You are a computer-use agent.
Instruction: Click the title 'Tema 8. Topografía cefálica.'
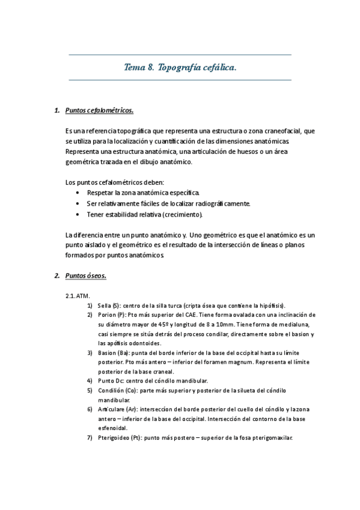coord(180,68)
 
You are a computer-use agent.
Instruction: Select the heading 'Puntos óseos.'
coord(85,275)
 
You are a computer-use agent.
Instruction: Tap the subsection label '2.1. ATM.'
coord(77,296)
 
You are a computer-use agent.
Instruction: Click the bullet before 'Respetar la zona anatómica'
coord(79,192)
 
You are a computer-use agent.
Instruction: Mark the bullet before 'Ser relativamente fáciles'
coord(79,203)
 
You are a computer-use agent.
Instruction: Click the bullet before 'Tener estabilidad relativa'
coord(79,215)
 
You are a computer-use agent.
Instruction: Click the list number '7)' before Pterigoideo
coord(89,437)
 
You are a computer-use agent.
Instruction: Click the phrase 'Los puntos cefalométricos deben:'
coord(114,182)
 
